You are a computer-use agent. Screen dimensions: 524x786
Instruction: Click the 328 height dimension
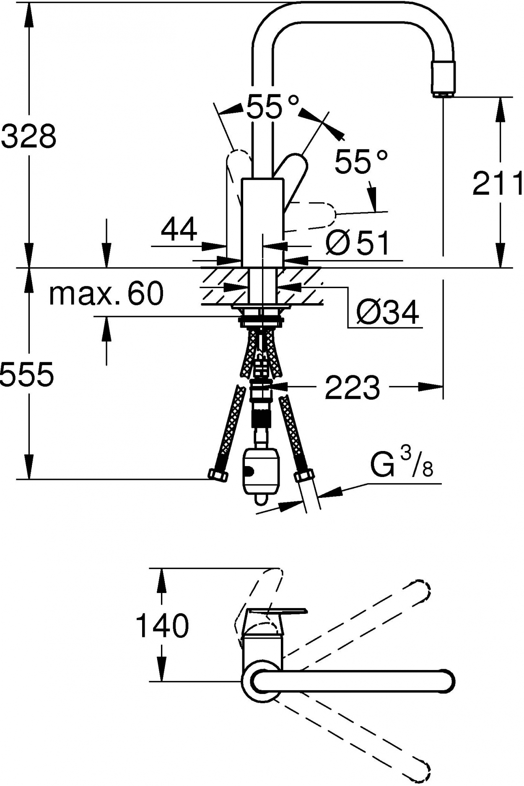tap(29, 136)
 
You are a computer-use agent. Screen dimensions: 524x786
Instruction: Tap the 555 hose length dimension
tap(27, 374)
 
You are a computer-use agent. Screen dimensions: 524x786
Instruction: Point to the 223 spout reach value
tap(352, 387)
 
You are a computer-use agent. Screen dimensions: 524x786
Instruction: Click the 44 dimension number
tap(179, 229)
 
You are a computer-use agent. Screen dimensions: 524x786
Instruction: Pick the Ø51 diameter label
tap(357, 242)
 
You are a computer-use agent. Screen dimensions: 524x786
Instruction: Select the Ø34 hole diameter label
tap(387, 312)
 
